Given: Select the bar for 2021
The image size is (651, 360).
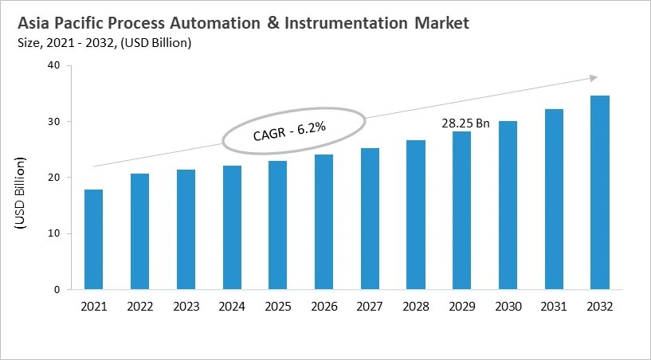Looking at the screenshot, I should [x=93, y=240].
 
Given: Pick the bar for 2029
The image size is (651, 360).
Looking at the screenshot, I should [x=461, y=210].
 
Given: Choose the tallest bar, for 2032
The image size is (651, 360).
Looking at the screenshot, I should [x=600, y=193].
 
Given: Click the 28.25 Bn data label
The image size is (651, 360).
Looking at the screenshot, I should [x=465, y=123].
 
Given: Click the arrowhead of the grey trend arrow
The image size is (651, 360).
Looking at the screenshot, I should [x=594, y=77].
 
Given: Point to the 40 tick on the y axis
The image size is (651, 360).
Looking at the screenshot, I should [x=54, y=66].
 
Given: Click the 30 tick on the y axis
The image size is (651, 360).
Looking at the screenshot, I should [x=54, y=122].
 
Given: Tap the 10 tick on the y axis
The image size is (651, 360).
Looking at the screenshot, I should [x=54, y=234].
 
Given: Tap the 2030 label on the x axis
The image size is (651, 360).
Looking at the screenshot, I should [x=508, y=306].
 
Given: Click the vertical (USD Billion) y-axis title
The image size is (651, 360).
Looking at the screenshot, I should [x=21, y=194].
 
